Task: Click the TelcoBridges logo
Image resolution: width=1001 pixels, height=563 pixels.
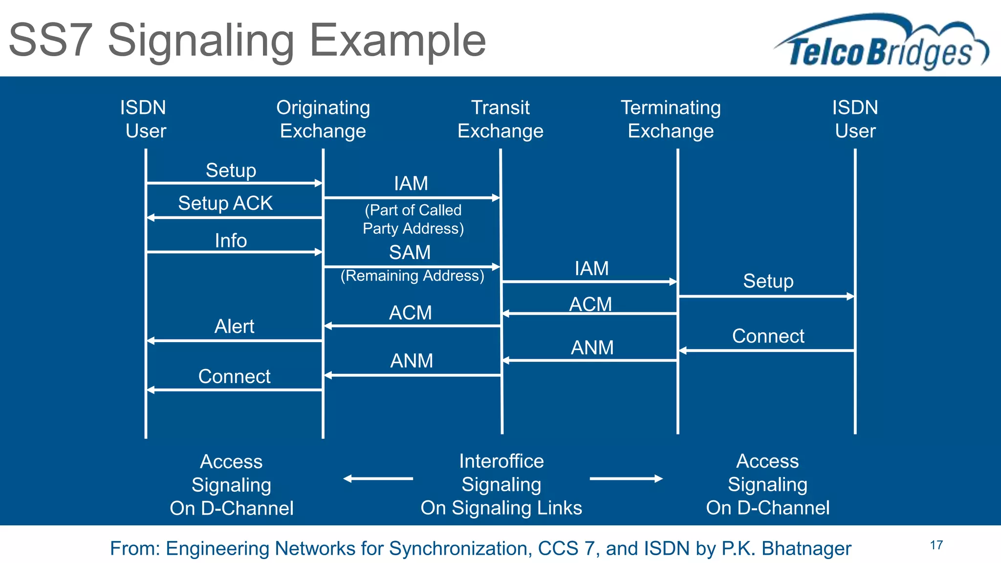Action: (880, 44)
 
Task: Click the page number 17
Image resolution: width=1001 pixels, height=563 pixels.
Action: (936, 545)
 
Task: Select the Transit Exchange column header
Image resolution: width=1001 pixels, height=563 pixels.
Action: (500, 119)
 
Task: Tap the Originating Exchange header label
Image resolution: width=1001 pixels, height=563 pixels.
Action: (323, 119)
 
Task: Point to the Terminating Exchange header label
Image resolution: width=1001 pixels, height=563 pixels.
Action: (671, 119)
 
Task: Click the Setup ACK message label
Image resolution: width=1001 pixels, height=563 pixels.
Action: (225, 203)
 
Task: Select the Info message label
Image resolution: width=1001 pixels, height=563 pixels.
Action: (231, 240)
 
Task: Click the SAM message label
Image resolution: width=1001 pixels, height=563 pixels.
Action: (410, 252)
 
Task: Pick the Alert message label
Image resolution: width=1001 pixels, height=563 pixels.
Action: (234, 326)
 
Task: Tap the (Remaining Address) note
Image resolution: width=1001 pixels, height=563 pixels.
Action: (412, 276)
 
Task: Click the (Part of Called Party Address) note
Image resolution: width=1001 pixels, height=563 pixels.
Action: (413, 219)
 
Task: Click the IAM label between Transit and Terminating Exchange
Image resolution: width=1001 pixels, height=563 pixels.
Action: (591, 268)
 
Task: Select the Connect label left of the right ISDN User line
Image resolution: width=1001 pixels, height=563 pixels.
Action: (768, 336)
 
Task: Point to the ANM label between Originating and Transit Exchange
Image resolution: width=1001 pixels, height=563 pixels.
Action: (412, 361)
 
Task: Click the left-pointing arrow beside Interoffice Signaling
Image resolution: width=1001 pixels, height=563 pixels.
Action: (378, 478)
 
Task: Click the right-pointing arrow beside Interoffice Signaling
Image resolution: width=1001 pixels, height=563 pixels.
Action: (626, 478)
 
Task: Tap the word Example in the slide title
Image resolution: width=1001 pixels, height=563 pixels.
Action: (398, 40)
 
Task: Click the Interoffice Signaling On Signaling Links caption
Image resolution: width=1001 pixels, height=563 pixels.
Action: (501, 484)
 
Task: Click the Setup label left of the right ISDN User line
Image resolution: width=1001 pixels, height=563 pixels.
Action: (768, 281)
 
